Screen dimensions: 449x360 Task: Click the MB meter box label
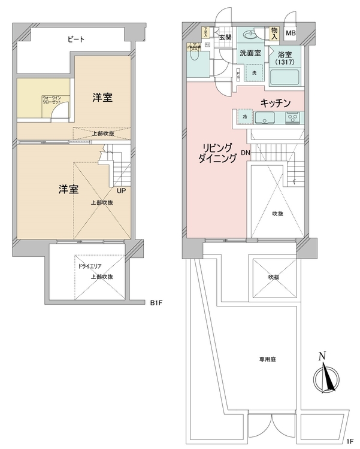point(291,34)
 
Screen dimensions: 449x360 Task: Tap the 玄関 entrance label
point(225,38)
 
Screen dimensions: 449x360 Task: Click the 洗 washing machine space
point(253,72)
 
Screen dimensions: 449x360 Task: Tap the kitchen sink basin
point(265,117)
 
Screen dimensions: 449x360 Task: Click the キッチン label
point(275,103)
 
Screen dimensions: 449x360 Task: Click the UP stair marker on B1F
point(121,192)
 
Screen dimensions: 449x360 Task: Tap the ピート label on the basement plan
point(76,40)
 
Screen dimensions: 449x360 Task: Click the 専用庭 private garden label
point(268,360)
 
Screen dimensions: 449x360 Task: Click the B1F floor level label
point(156,303)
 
